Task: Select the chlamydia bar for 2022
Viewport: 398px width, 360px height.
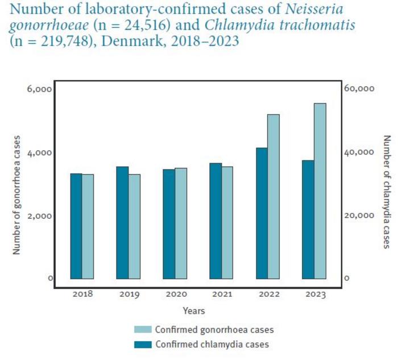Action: coord(262,213)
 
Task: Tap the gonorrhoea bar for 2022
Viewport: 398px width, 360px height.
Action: coord(273,197)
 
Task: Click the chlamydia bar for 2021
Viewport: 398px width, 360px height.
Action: coord(215,221)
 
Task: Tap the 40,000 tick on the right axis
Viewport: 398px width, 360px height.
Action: coord(359,152)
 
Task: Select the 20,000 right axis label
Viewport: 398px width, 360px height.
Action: coord(359,216)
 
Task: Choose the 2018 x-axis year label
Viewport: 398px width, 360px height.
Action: coord(82,295)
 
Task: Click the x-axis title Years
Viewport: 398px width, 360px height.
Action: coord(194,311)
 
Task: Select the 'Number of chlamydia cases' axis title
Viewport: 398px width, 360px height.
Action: coord(386,191)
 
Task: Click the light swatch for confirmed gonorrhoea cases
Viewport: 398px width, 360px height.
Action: coord(142,330)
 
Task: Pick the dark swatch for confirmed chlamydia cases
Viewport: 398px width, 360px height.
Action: coord(142,344)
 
